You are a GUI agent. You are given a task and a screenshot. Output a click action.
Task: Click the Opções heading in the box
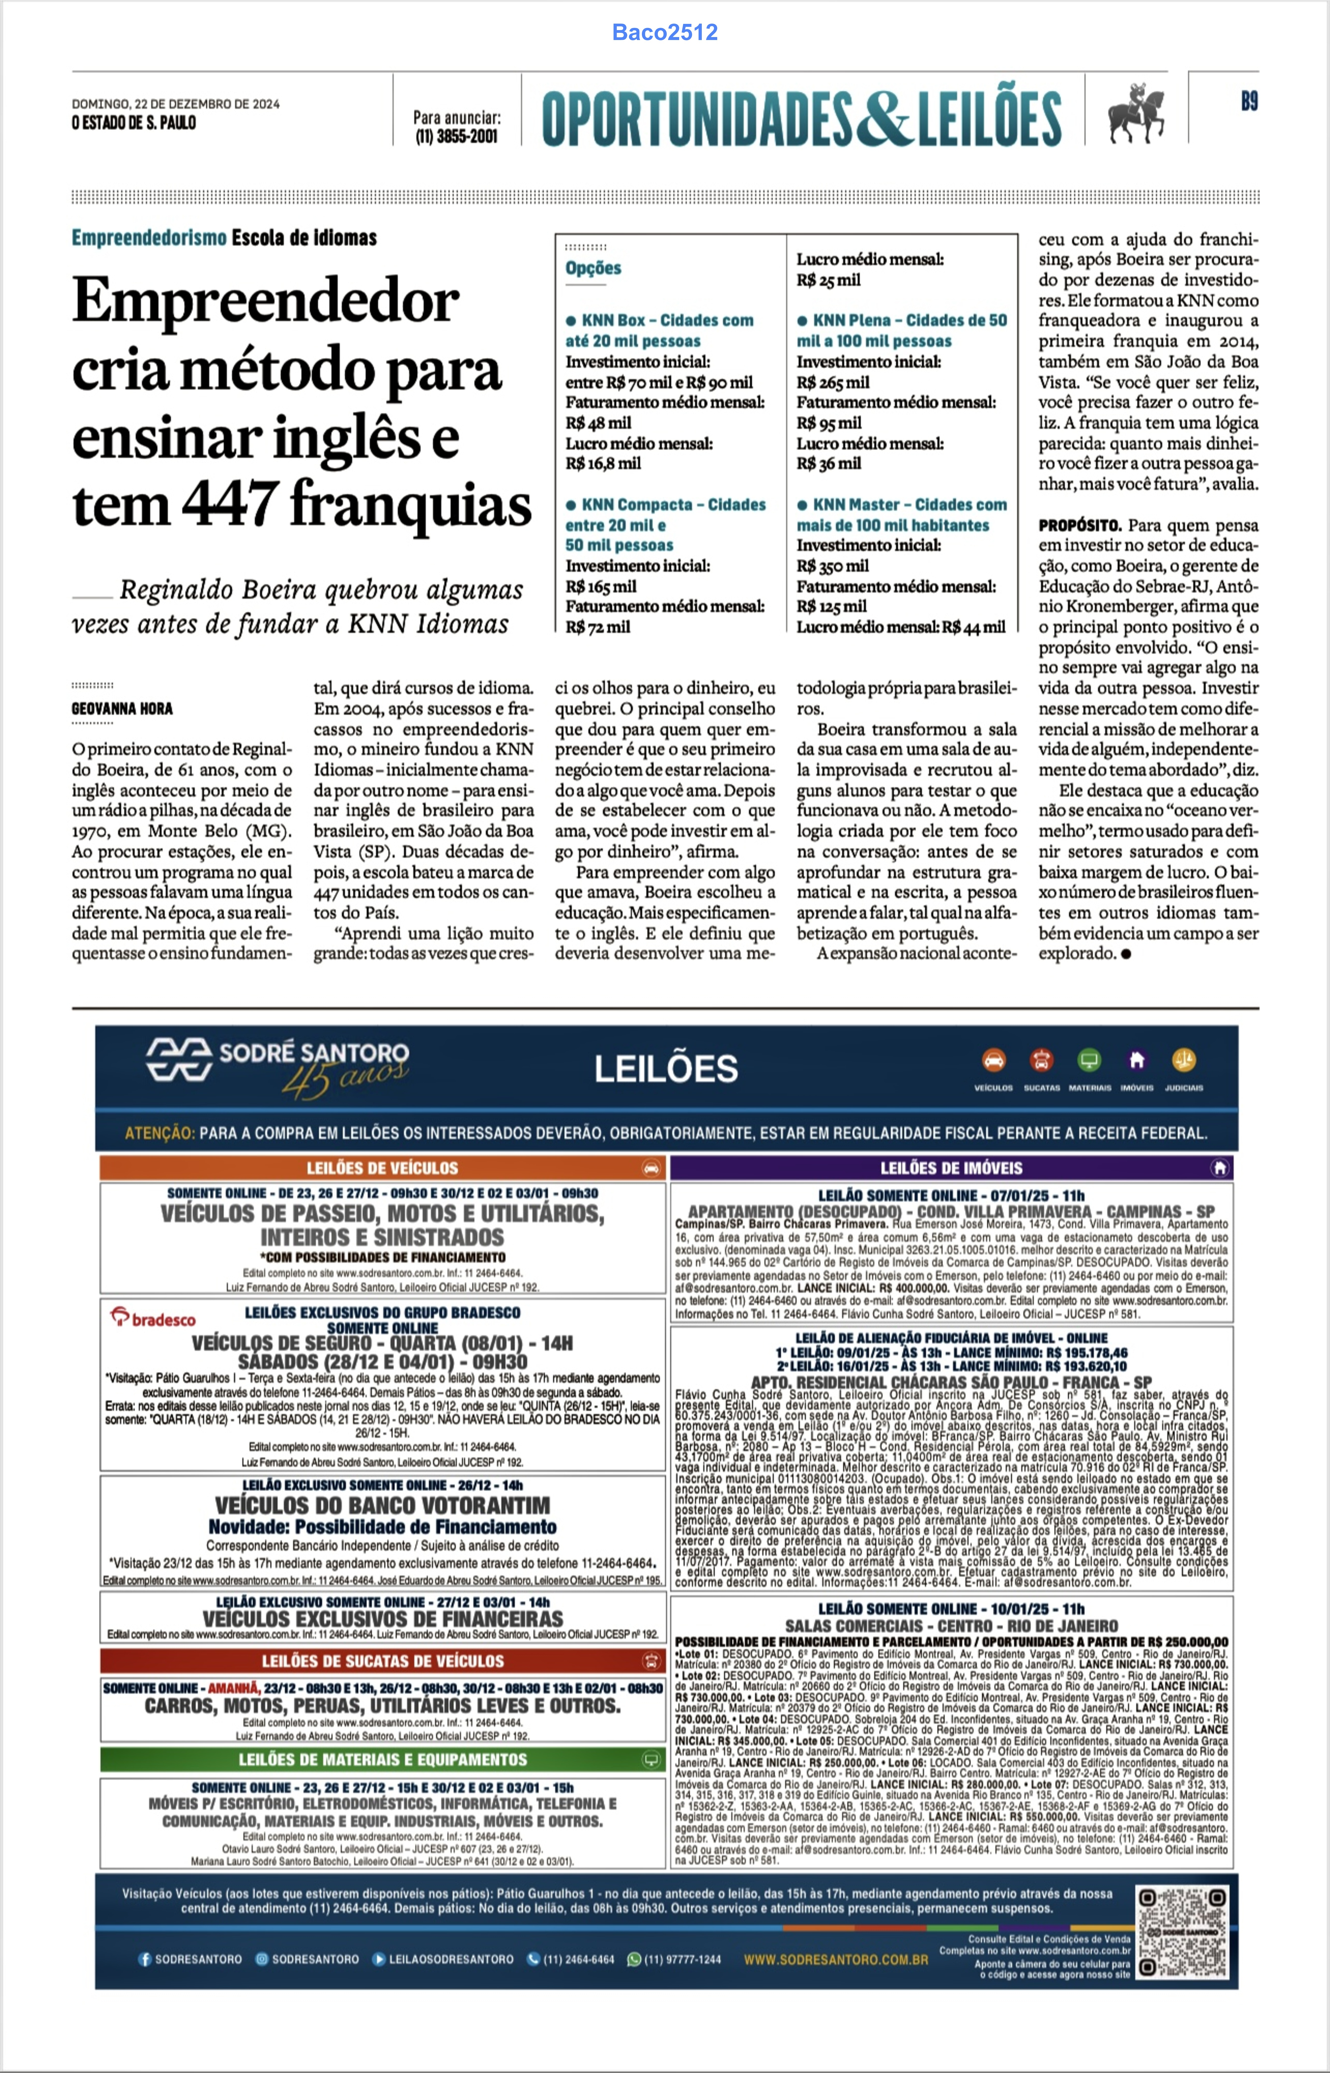click(x=593, y=268)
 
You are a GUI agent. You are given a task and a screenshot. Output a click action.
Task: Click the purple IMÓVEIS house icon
click(x=1137, y=1060)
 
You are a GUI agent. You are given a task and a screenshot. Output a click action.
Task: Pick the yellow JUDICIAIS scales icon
click(x=1183, y=1060)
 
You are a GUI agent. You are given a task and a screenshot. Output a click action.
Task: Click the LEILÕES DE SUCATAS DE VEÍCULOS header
click(x=383, y=1661)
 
